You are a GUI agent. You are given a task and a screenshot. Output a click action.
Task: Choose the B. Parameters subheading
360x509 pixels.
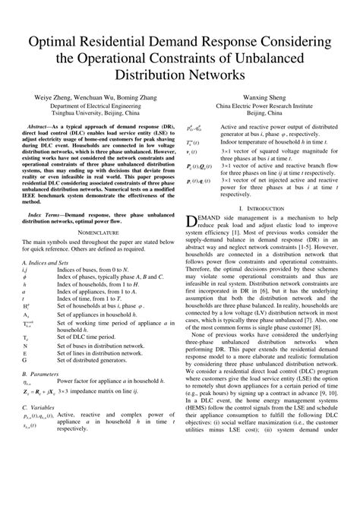click(40, 417)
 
